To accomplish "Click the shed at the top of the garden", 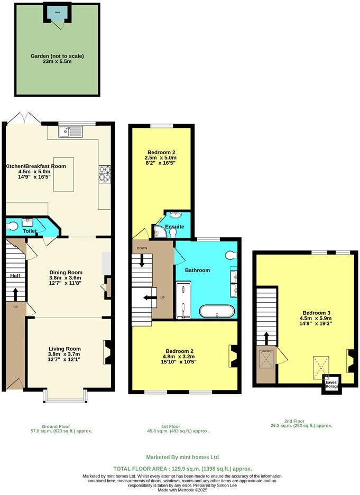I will pyautogui.click(x=57, y=14).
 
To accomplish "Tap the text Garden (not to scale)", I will pyautogui.click(x=57, y=55).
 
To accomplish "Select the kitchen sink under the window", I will pyautogui.click(x=70, y=132).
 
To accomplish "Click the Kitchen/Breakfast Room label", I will pyautogui.click(x=35, y=166).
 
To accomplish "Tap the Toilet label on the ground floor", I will pyautogui.click(x=29, y=231).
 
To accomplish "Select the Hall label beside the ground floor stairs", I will pyautogui.click(x=14, y=276).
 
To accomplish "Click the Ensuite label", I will pyautogui.click(x=174, y=227).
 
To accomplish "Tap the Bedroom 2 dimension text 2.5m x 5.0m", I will pyautogui.click(x=160, y=158).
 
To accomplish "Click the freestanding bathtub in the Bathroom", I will pyautogui.click(x=216, y=311).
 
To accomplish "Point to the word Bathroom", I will pyautogui.click(x=197, y=270).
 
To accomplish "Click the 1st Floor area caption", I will pyautogui.click(x=179, y=428).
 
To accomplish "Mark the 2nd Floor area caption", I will pyautogui.click(x=301, y=423).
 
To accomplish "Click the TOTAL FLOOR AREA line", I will pyautogui.click(x=182, y=469).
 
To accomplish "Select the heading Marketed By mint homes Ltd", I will pyautogui.click(x=182, y=457).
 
